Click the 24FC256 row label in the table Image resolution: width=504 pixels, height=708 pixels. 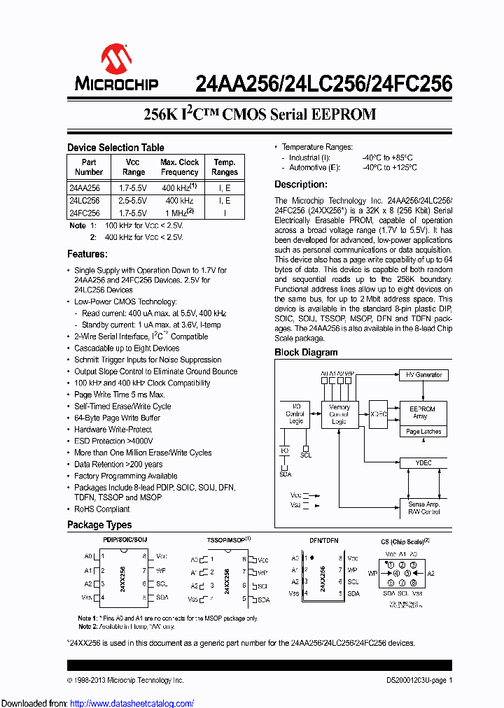pos(85,212)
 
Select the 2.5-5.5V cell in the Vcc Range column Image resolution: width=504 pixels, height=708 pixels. pos(133,200)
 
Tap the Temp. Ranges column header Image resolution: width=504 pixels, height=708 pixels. pos(225,167)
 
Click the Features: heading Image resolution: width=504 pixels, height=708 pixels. pos(87,254)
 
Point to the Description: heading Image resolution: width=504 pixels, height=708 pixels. pos(300,185)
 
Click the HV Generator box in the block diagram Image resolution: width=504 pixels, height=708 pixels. pos(423,375)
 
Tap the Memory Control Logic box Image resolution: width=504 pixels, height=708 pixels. pos(339,414)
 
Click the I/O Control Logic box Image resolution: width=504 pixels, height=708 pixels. pos(294,414)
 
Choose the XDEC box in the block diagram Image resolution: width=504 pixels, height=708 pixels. pos(379,413)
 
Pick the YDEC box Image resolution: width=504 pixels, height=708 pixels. pos(423,462)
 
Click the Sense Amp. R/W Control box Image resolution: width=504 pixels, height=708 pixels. pos(423,508)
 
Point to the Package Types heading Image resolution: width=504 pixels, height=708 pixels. pos(99,525)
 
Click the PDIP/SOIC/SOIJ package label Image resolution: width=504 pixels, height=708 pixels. pos(125,540)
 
